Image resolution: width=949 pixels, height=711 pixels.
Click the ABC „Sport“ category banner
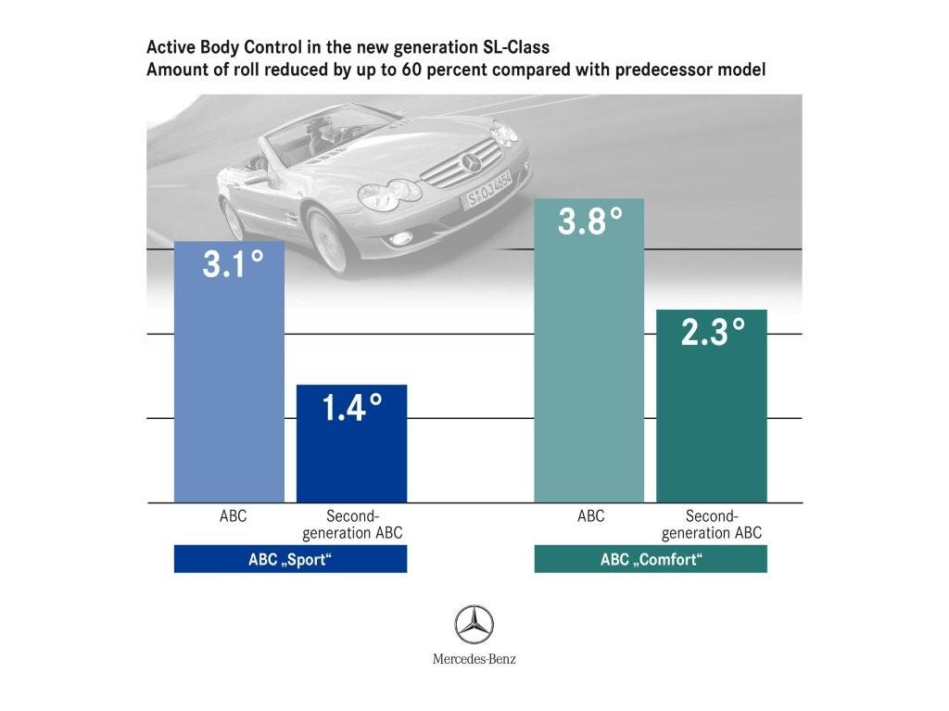[290, 560]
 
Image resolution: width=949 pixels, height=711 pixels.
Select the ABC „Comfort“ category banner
[651, 560]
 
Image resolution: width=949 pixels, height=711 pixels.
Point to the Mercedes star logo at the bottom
[474, 625]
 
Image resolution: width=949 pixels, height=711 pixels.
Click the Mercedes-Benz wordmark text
[474, 660]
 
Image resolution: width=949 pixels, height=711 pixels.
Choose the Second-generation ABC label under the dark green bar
[712, 525]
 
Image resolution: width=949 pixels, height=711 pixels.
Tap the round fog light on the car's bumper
[400, 239]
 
